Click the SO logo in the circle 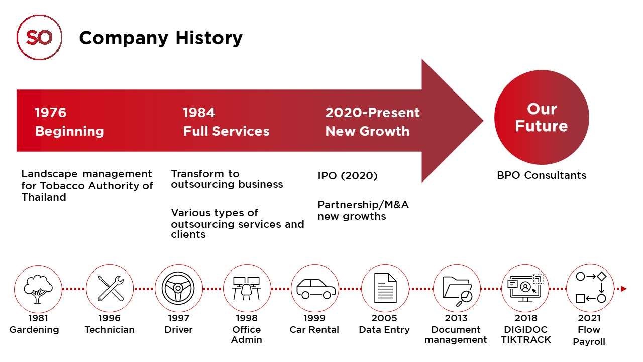39,37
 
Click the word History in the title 209,38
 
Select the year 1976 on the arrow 51,112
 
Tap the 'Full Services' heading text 226,131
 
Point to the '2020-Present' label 372,113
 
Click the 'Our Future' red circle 542,117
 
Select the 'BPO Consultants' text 542,175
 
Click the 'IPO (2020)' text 347,176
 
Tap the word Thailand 44,197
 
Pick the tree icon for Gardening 38,289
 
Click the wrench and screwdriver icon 110,288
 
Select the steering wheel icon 178,288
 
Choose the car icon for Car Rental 316,289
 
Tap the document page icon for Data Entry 385,288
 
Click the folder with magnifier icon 457,291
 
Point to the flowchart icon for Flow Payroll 591,288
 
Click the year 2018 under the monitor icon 525,318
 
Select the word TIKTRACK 525,340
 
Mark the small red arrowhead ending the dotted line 623,289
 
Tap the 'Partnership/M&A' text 363,205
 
